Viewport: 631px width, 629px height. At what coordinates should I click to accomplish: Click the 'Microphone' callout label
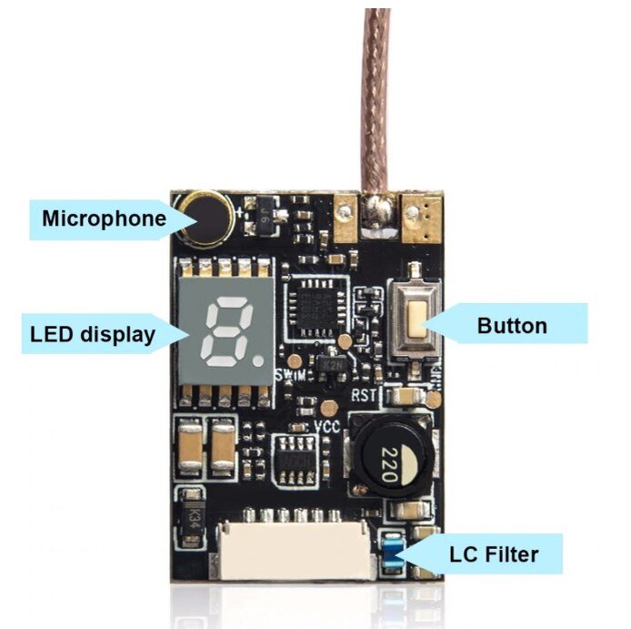[104, 218]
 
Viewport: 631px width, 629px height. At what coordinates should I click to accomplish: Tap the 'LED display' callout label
[91, 334]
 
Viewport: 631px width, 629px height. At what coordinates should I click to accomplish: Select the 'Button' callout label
[512, 325]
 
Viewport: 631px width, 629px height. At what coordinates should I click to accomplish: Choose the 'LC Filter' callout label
[493, 553]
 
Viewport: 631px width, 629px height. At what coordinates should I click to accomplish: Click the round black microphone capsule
[206, 218]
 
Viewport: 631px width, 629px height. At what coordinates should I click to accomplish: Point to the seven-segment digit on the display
[220, 332]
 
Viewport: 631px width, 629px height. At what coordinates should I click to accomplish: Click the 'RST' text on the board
[362, 394]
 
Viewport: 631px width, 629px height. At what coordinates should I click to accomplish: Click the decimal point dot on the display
[258, 359]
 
